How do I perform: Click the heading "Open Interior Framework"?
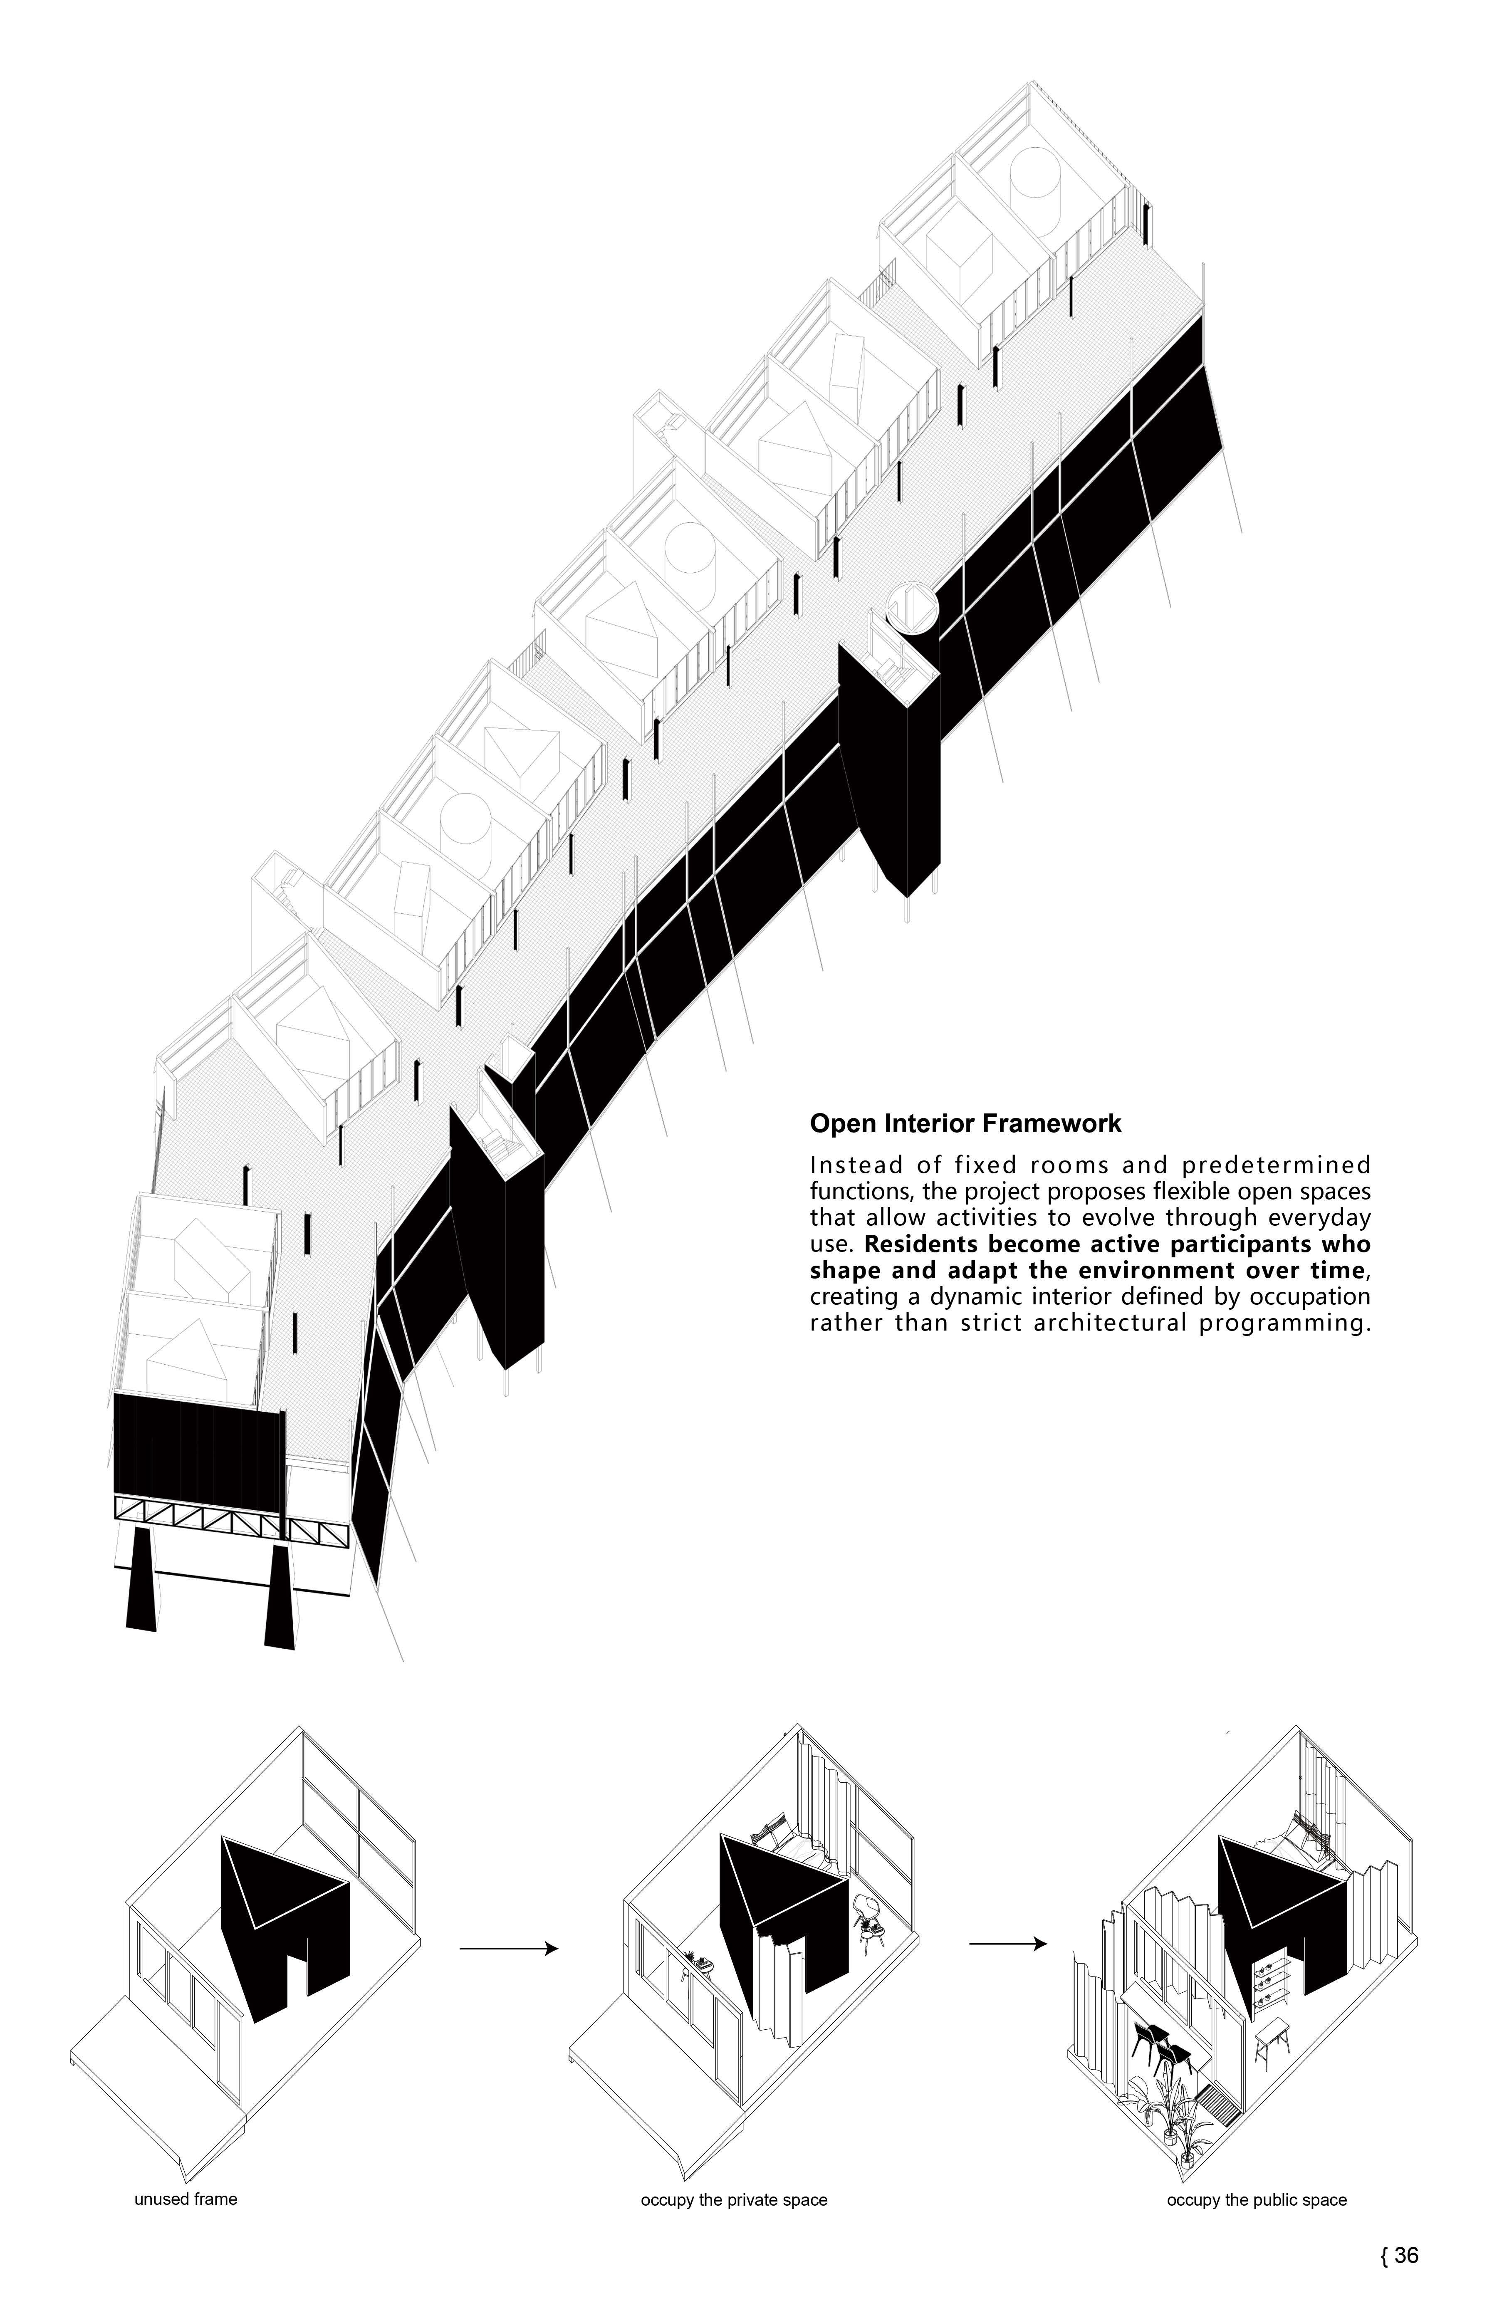pyautogui.click(x=965, y=1124)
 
